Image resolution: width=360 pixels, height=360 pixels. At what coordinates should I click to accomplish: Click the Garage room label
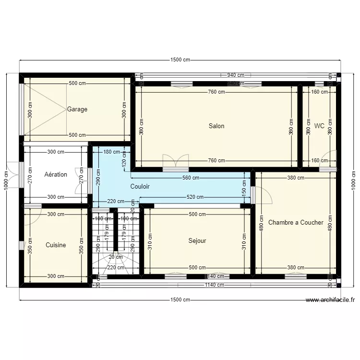pyautogui.click(x=77, y=109)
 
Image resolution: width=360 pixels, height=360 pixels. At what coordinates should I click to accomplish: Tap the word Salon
pyautogui.click(x=216, y=126)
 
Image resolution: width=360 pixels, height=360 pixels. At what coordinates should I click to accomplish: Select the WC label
pyautogui.click(x=319, y=126)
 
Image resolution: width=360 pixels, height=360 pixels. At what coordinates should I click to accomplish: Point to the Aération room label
pyautogui.click(x=56, y=174)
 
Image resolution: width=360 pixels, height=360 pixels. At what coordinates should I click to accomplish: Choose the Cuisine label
pyautogui.click(x=56, y=245)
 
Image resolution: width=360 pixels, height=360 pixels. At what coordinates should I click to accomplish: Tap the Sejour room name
pyautogui.click(x=197, y=241)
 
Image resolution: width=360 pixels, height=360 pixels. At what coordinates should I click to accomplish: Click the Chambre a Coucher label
pyautogui.click(x=296, y=223)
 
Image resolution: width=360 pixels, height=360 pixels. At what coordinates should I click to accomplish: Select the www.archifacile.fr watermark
pyautogui.click(x=330, y=300)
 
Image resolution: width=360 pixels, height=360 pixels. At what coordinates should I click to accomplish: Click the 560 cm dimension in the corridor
pyautogui.click(x=191, y=178)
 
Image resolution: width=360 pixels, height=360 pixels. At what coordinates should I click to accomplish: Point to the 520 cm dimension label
pyautogui.click(x=195, y=197)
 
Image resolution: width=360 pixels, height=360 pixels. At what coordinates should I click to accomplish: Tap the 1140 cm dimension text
pyautogui.click(x=214, y=285)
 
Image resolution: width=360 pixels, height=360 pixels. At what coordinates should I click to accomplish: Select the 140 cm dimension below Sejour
pyautogui.click(x=216, y=276)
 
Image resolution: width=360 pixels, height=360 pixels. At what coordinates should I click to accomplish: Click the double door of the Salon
pyautogui.click(x=176, y=163)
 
